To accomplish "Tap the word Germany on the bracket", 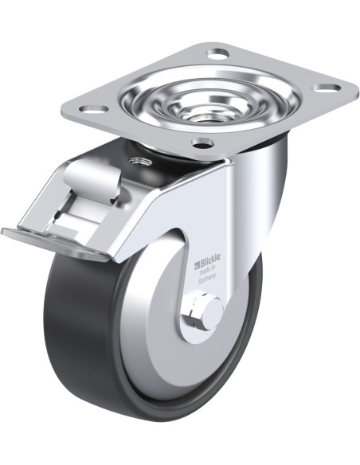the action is (207, 279).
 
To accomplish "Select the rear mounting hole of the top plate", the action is (217, 55).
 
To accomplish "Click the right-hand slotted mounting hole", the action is (327, 88).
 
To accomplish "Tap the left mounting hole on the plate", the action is (94, 108).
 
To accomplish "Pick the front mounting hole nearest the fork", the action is (202, 143).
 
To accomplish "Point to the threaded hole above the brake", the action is (140, 162).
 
